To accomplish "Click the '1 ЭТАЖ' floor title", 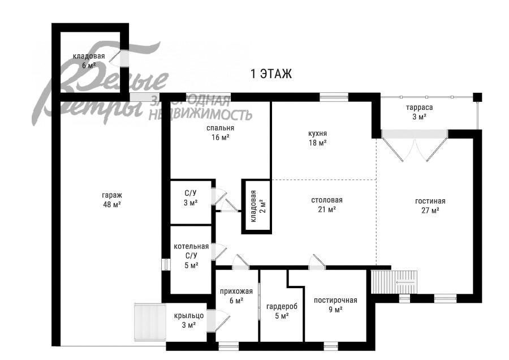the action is [271, 74].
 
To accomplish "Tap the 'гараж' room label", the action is [112, 195].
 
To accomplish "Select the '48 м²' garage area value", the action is [112, 204].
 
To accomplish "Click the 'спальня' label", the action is [220, 128].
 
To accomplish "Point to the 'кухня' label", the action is [317, 134].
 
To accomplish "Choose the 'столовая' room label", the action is [327, 200].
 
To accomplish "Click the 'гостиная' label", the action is [430, 201].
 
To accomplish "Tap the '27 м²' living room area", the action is [430, 210].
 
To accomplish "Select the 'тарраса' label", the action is [420, 108].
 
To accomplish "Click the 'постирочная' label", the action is [335, 301].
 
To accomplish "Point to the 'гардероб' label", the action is [282, 306].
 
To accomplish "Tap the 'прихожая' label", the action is [236, 292].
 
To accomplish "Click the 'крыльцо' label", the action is [188, 316].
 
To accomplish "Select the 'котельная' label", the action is [191, 247].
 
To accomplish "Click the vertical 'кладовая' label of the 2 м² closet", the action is [253, 206].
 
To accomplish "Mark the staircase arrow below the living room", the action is [405, 282].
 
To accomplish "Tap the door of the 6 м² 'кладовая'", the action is [117, 56].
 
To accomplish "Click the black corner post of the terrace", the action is [477, 97].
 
